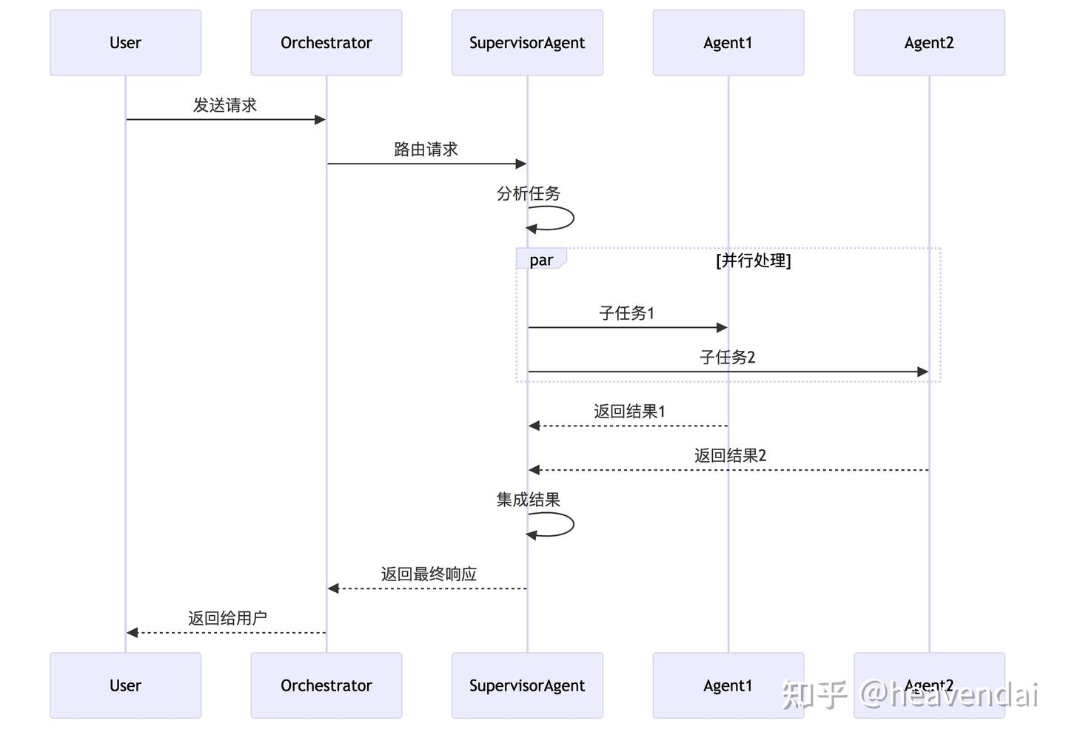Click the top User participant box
pos(125,43)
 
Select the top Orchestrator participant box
pos(326,43)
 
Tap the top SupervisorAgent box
pos(527,43)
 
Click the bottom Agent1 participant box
pos(728,685)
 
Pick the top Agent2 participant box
pos(929,43)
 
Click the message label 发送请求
pos(225,105)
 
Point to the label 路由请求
pos(426,150)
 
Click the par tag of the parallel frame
pos(541,260)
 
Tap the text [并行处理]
pos(753,261)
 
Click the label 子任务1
pos(626,313)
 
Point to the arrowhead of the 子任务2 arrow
pos(922,372)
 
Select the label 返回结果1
pos(629,412)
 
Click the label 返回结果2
pos(730,456)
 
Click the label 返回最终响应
pos(429,574)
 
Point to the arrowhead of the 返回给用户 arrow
pos(133,633)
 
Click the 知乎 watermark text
pos(814,694)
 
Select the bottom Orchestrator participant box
pos(326,685)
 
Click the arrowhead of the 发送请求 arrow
pos(320,120)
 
